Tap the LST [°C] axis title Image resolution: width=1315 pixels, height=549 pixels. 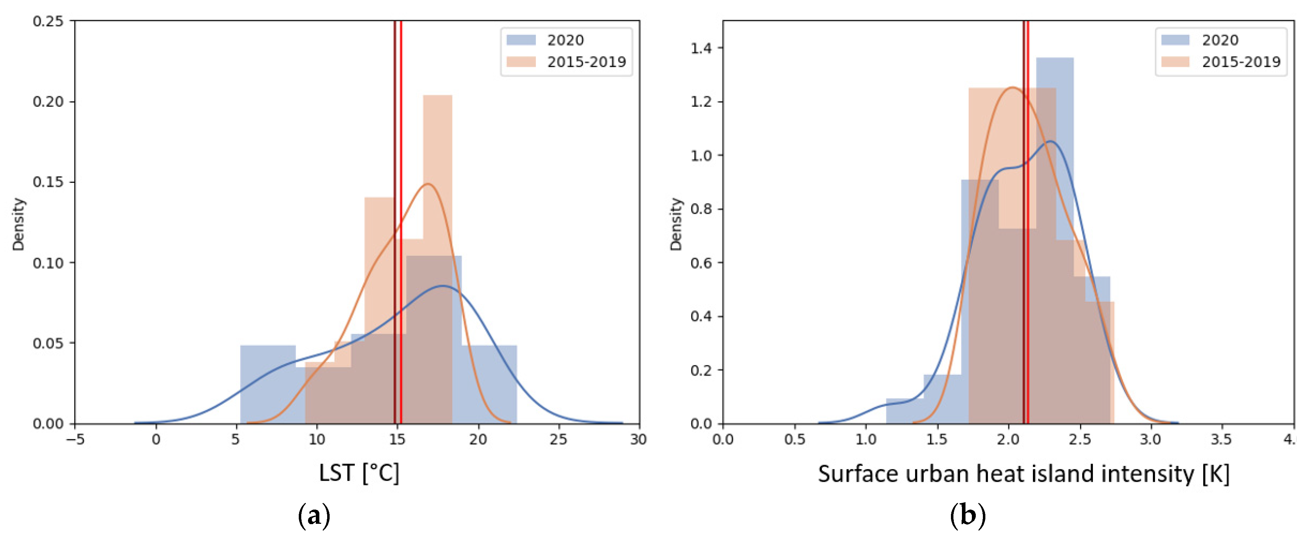point(359,473)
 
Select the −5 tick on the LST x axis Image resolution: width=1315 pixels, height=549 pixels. point(76,439)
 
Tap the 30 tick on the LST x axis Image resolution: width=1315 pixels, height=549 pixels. point(638,439)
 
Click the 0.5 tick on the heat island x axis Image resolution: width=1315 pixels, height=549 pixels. point(794,439)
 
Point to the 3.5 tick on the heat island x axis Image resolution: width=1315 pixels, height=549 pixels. point(1221,439)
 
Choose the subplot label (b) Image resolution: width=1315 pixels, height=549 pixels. point(967,516)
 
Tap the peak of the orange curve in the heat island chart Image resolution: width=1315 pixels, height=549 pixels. point(1012,88)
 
